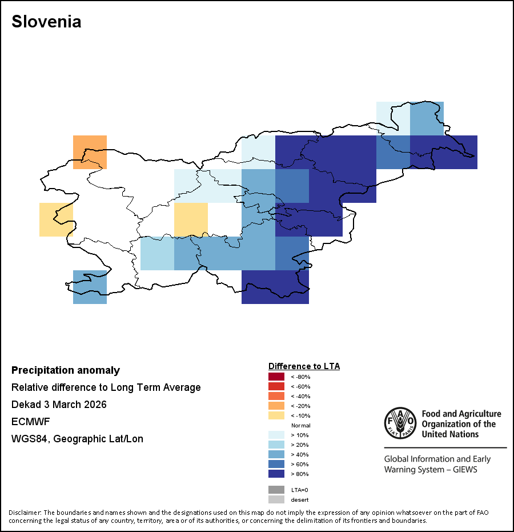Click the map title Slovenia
coord(46,22)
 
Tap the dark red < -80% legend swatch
coord(276,377)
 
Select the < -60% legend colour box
coord(276,386)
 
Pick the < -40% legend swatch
coord(276,396)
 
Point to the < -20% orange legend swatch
coord(276,406)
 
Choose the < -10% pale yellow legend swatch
coord(276,415)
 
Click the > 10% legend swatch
coord(276,435)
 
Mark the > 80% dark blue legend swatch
coord(276,474)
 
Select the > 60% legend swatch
coord(276,464)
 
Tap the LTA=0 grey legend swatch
coord(276,490)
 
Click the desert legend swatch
coord(276,499)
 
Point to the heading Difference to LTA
coord(304,366)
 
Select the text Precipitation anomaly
coord(66,370)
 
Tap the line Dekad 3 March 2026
coord(59,405)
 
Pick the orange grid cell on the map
coord(90,152)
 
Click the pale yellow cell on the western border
coord(56,219)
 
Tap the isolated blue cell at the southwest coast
coord(90,287)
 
